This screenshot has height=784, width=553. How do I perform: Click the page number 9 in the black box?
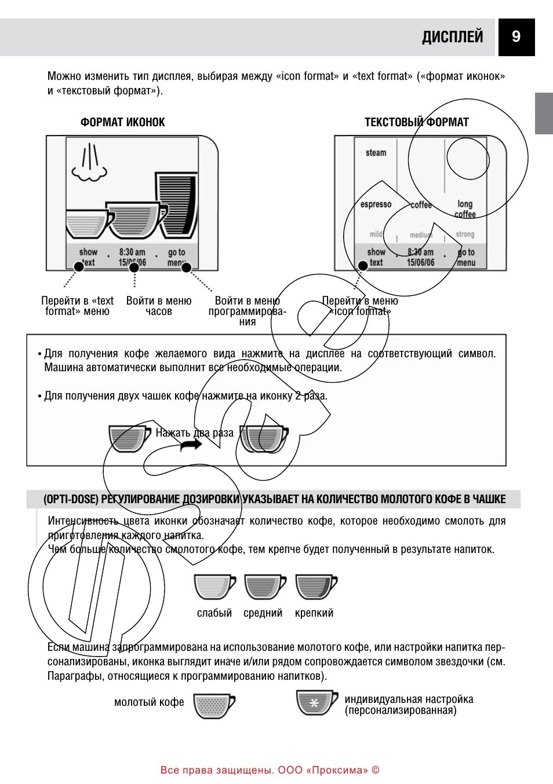pyautogui.click(x=516, y=37)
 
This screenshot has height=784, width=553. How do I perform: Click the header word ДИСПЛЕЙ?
pyautogui.click(x=452, y=37)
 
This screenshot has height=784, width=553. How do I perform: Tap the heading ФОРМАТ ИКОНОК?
pyautogui.click(x=122, y=122)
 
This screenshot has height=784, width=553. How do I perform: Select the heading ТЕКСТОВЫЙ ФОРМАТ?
pyautogui.click(x=416, y=122)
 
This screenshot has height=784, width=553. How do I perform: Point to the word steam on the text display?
pyautogui.click(x=376, y=153)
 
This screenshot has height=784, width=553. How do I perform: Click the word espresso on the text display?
pyautogui.click(x=376, y=204)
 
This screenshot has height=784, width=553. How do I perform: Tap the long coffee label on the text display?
pyautogui.click(x=465, y=209)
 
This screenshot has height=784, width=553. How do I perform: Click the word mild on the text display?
pyautogui.click(x=376, y=234)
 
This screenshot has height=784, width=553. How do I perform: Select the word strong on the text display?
pyautogui.click(x=465, y=234)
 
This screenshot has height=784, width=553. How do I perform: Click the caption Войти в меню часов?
pyautogui.click(x=158, y=306)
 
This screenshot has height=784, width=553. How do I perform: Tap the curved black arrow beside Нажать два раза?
pyautogui.click(x=191, y=445)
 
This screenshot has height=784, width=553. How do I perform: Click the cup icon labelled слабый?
pyautogui.click(x=214, y=587)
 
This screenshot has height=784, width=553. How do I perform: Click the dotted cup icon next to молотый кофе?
pyautogui.click(x=213, y=706)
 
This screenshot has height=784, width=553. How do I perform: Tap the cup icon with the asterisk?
pyautogui.click(x=316, y=702)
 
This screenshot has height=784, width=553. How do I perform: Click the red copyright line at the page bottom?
pyautogui.click(x=270, y=770)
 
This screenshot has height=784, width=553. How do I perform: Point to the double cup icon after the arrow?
pyautogui.click(x=264, y=438)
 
